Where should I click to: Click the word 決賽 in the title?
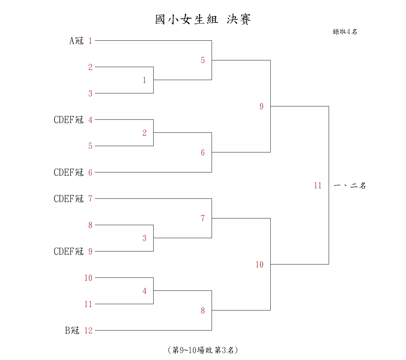click(x=239, y=19)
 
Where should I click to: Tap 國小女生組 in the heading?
click(x=186, y=19)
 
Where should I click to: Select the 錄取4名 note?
click(x=345, y=32)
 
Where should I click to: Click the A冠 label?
click(x=76, y=41)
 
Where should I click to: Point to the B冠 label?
click(x=72, y=330)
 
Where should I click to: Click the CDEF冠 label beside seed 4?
click(x=69, y=120)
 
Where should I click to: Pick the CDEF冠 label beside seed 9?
click(x=69, y=251)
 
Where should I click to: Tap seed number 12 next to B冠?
click(x=88, y=330)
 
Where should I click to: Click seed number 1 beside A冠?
click(x=90, y=41)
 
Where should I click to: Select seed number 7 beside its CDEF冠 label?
click(x=90, y=199)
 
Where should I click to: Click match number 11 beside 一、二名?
click(x=318, y=185)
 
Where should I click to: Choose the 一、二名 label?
click(x=350, y=185)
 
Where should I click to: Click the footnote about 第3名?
click(x=203, y=350)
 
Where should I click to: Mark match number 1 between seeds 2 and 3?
click(x=144, y=80)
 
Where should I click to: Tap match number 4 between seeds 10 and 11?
click(x=144, y=291)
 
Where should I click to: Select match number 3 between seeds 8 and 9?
click(x=144, y=238)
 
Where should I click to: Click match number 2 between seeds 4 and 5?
click(x=144, y=133)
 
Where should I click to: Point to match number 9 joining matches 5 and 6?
click(x=262, y=106)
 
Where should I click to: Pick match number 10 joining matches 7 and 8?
click(x=259, y=264)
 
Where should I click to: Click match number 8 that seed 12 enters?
click(x=203, y=310)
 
